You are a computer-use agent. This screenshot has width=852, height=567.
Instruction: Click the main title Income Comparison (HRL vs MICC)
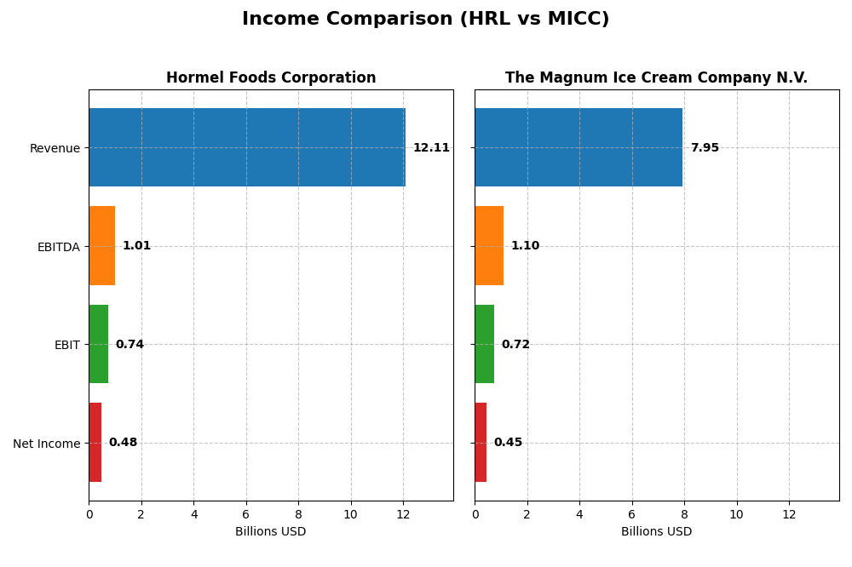click(425, 20)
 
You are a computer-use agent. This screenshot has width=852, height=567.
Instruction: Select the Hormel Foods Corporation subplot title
click(271, 78)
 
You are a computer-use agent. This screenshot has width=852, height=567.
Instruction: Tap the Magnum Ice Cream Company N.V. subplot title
click(656, 78)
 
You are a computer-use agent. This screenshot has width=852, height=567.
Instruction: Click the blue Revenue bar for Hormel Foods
click(247, 147)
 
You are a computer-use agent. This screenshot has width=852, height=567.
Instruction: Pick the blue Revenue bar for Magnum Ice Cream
click(579, 147)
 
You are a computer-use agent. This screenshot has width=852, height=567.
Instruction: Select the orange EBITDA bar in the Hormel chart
click(102, 246)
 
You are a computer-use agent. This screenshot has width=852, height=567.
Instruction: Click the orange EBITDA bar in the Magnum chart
click(489, 246)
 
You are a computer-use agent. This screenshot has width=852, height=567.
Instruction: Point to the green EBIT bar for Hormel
click(99, 344)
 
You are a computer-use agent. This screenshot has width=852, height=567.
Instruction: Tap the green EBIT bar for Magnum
click(484, 344)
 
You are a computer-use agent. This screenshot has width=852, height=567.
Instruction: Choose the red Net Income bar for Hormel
click(95, 443)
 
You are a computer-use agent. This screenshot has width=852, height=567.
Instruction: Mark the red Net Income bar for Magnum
click(481, 443)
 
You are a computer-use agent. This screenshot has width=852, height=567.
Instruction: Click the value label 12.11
click(431, 148)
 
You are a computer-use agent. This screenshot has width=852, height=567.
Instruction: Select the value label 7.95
click(705, 148)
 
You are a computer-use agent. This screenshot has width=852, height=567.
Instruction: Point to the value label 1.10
click(525, 246)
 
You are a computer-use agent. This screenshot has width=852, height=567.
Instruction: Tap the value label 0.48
click(123, 443)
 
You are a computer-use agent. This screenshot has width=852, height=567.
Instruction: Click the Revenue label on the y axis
click(55, 149)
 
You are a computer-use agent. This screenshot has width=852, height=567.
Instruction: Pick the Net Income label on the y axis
click(46, 444)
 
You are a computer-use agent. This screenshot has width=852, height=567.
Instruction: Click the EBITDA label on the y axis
click(58, 247)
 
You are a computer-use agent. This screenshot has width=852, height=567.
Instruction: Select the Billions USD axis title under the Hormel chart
click(271, 532)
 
